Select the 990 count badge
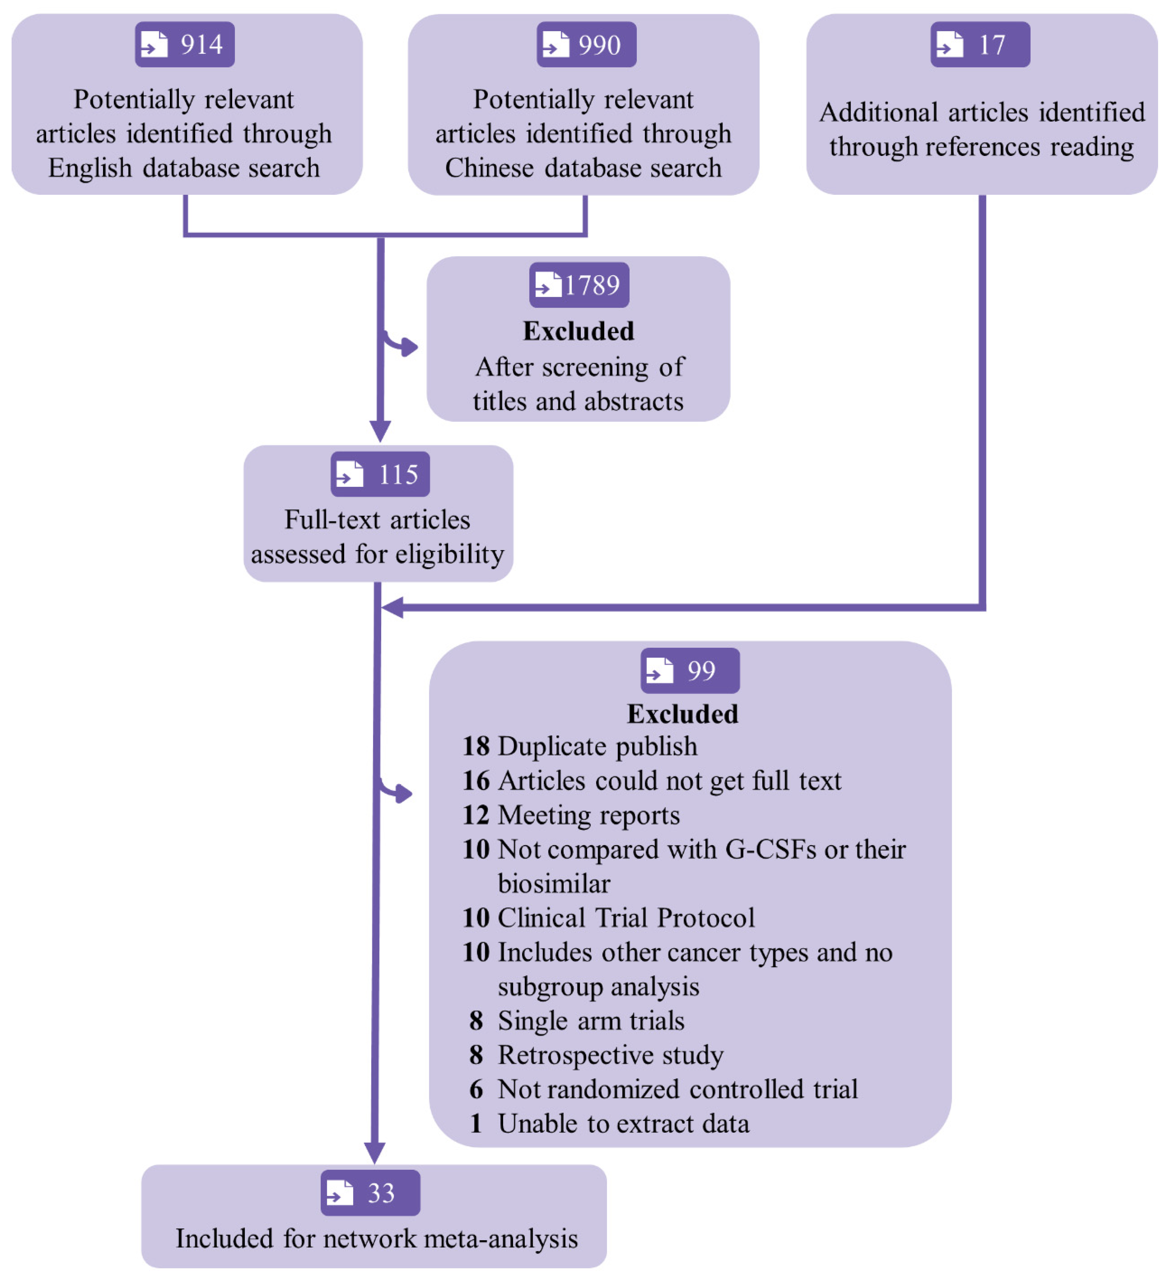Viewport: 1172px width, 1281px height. pyautogui.click(x=586, y=44)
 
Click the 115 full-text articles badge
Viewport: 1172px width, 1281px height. pyautogui.click(x=380, y=474)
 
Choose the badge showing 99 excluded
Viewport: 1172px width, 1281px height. pyautogui.click(x=690, y=670)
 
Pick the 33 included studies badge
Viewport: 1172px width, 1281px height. pyautogui.click(x=370, y=1193)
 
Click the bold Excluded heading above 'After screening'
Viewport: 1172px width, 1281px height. pyautogui.click(x=578, y=331)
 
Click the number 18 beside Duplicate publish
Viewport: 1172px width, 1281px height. pyautogui.click(x=476, y=746)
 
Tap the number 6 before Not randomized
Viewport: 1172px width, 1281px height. pyautogui.click(x=476, y=1089)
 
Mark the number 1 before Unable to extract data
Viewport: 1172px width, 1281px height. pyautogui.click(x=476, y=1123)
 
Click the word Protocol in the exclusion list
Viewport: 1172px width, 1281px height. pyautogui.click(x=706, y=918)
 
